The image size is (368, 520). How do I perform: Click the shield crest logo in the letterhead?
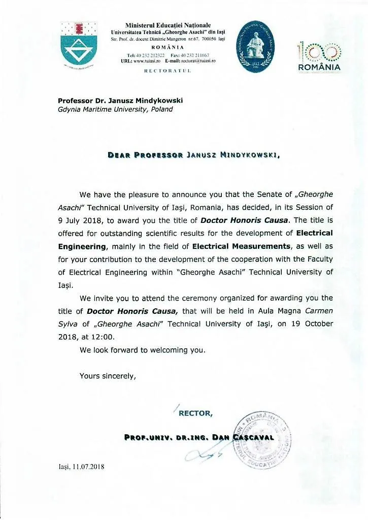click(x=78, y=47)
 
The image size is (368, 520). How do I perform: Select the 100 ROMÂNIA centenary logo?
click(x=319, y=55)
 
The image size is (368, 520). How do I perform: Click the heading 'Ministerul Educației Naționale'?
click(x=168, y=25)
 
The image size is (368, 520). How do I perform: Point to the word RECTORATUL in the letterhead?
click(x=168, y=71)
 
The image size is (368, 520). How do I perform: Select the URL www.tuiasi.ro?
click(x=148, y=60)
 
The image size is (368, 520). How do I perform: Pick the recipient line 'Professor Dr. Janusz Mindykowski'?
click(x=120, y=101)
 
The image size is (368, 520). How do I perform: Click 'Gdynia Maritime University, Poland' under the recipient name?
click(x=115, y=109)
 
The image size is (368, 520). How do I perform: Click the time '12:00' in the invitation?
click(x=111, y=337)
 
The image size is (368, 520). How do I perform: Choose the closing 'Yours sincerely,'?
click(x=108, y=376)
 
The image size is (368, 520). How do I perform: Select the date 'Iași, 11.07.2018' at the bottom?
click(x=81, y=467)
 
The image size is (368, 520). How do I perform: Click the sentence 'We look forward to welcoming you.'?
click(x=143, y=350)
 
